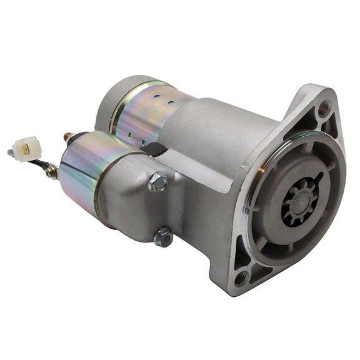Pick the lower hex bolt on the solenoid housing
pyautogui.click(x=163, y=236)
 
